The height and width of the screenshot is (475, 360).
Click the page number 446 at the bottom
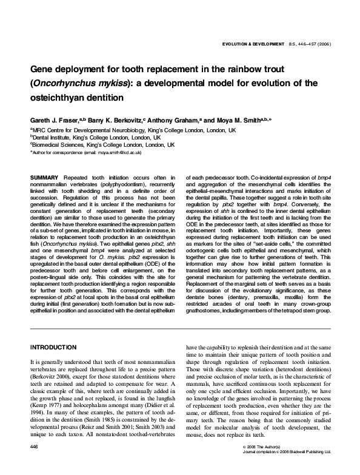click(35, 463)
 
